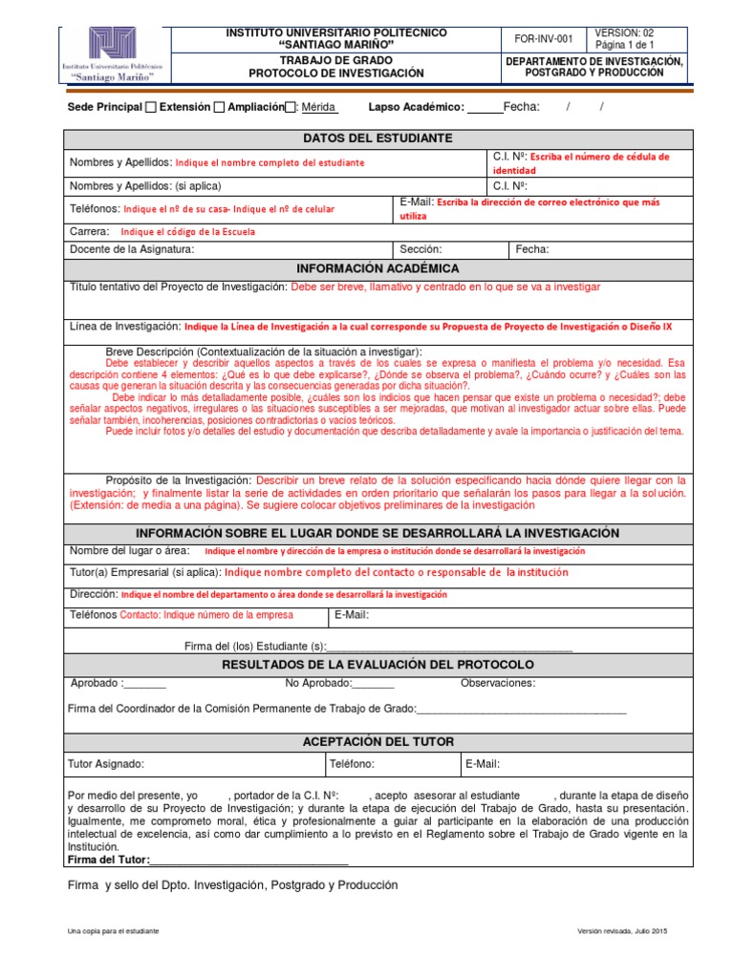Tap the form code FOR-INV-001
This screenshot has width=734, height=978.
tap(544, 39)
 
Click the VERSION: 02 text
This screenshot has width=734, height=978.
tap(624, 32)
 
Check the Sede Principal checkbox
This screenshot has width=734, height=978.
tap(151, 107)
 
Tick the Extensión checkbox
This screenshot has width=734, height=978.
tap(219, 107)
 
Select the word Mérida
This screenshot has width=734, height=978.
tap(318, 107)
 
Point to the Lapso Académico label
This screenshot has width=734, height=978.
tap(416, 107)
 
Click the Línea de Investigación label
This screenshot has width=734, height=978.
tap(125, 327)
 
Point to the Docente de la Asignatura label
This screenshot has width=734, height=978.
tap(132, 249)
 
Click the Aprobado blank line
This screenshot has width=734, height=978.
tap(145, 684)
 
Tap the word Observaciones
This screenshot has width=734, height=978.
tap(498, 683)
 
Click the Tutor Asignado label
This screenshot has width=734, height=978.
tap(105, 764)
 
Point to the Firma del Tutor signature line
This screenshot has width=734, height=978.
tap(248, 860)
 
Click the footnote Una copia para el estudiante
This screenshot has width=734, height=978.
tap(113, 931)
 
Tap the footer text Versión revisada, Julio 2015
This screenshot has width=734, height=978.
tap(622, 931)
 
